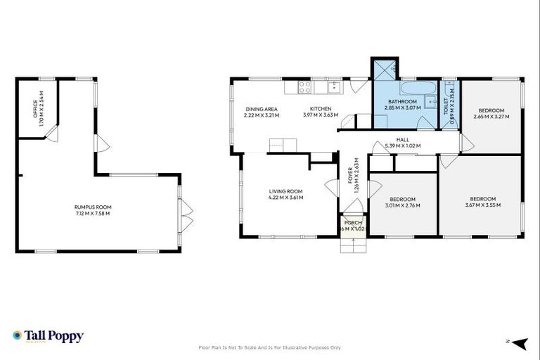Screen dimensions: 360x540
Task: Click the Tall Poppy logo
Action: click(x=48, y=336)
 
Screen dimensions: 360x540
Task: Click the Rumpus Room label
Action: click(x=93, y=207)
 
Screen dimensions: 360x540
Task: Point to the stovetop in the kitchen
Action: click(x=305, y=88)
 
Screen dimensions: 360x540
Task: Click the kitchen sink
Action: click(x=333, y=87)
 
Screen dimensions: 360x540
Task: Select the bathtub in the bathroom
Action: click(x=418, y=89)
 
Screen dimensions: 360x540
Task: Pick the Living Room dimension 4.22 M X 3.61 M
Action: click(x=285, y=198)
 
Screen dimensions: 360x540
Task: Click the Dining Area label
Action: click(x=262, y=109)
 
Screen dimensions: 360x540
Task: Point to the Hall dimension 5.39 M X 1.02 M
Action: click(x=402, y=146)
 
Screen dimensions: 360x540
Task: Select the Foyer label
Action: click(x=351, y=171)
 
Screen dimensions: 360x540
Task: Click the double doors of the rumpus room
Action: click(x=187, y=215)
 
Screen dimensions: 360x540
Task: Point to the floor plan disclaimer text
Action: click(x=270, y=347)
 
